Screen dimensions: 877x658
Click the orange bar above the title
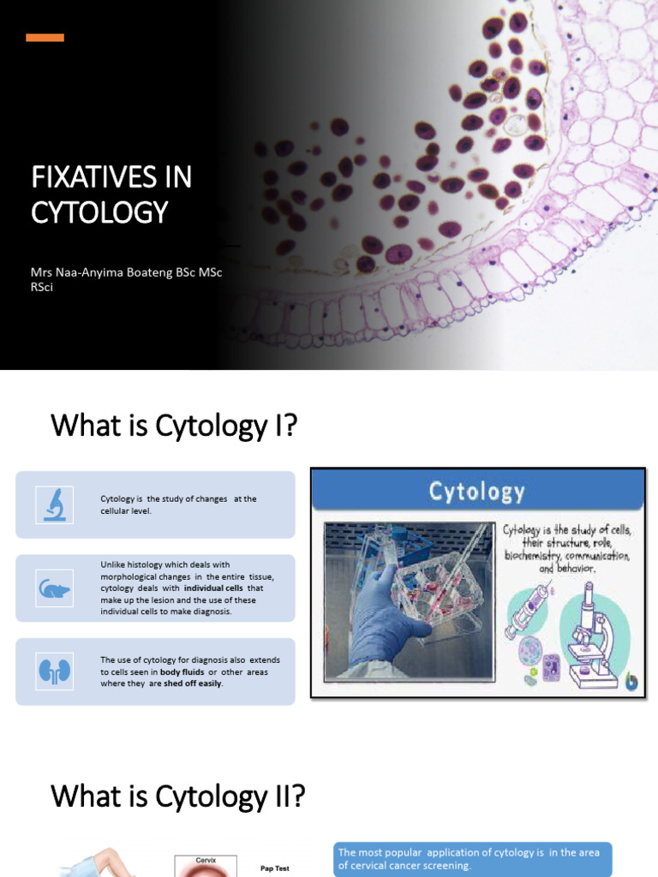(x=45, y=38)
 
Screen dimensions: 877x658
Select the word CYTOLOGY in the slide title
(x=99, y=212)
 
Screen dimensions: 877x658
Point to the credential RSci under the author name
(x=42, y=287)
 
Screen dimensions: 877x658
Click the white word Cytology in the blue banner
(x=476, y=492)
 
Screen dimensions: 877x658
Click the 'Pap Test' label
(x=274, y=868)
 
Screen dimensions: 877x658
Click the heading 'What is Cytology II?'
(x=177, y=796)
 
